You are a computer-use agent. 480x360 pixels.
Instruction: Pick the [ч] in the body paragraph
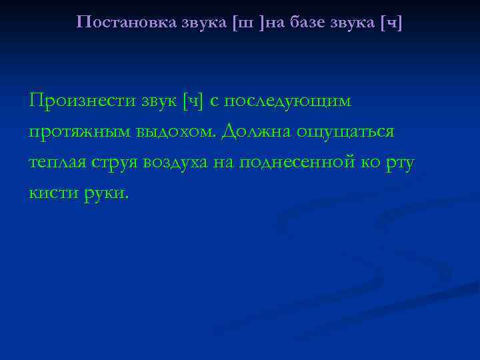193,101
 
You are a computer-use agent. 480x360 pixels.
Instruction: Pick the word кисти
51,193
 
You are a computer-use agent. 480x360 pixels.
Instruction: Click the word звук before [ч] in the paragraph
157,101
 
